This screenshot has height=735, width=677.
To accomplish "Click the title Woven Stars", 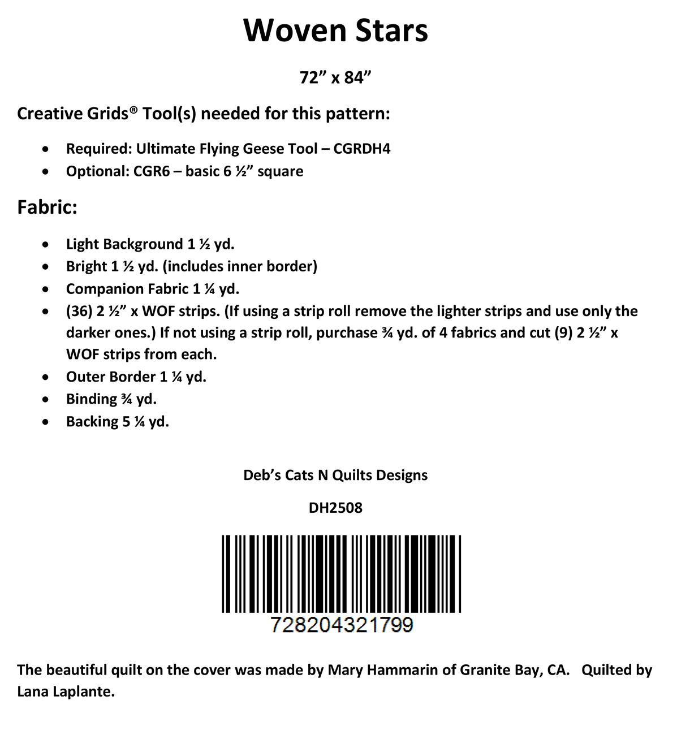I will click(335, 31).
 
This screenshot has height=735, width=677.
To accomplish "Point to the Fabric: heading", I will click(47, 207).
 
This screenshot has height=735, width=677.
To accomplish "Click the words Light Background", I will click(124, 244).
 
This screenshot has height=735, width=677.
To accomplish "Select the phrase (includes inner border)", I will click(240, 266).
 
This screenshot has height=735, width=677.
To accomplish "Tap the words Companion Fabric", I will click(127, 289).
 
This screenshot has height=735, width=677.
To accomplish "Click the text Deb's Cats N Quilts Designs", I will click(335, 475).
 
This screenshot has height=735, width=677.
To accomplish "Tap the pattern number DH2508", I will click(335, 508).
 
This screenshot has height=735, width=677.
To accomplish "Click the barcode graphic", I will click(341, 573).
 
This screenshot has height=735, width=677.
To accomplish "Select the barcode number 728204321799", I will click(342, 625).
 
